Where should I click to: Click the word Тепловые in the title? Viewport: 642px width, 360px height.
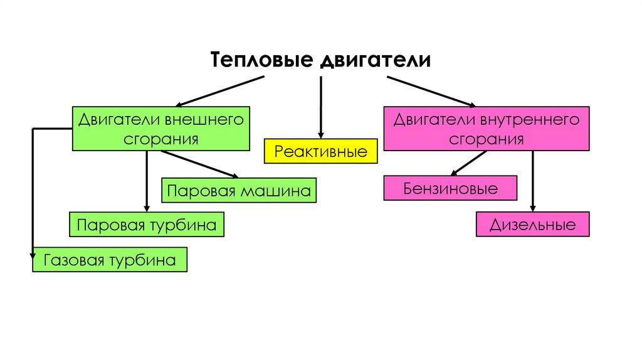[x=261, y=61]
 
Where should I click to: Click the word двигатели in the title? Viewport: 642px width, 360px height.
[x=376, y=61]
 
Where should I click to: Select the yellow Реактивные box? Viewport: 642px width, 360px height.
[x=321, y=152]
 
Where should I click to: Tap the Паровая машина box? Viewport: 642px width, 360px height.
[x=239, y=191]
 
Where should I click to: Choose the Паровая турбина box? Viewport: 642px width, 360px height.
[x=147, y=225]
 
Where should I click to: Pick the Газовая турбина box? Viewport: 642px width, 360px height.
[x=110, y=260]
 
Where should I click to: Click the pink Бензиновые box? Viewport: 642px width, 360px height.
[x=451, y=188]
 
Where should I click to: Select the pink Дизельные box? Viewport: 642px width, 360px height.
[x=533, y=225]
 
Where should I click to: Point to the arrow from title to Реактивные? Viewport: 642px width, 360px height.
[x=321, y=107]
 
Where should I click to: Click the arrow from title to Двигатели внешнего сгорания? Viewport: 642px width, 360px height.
[x=219, y=92]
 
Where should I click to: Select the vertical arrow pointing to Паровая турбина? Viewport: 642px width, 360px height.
[x=147, y=182]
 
